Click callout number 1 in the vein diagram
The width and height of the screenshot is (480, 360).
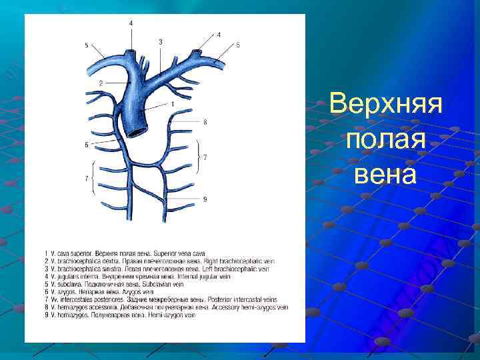(172, 104)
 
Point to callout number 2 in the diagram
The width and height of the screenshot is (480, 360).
(100, 83)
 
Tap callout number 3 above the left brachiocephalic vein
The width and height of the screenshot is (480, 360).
(161, 41)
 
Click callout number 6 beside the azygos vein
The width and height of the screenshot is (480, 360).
(87, 145)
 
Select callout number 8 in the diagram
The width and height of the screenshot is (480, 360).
(205, 122)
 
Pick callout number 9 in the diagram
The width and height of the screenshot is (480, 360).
(205, 199)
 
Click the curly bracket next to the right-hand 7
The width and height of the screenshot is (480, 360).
(197, 157)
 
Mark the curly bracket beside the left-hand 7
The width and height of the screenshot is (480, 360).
(95, 178)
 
